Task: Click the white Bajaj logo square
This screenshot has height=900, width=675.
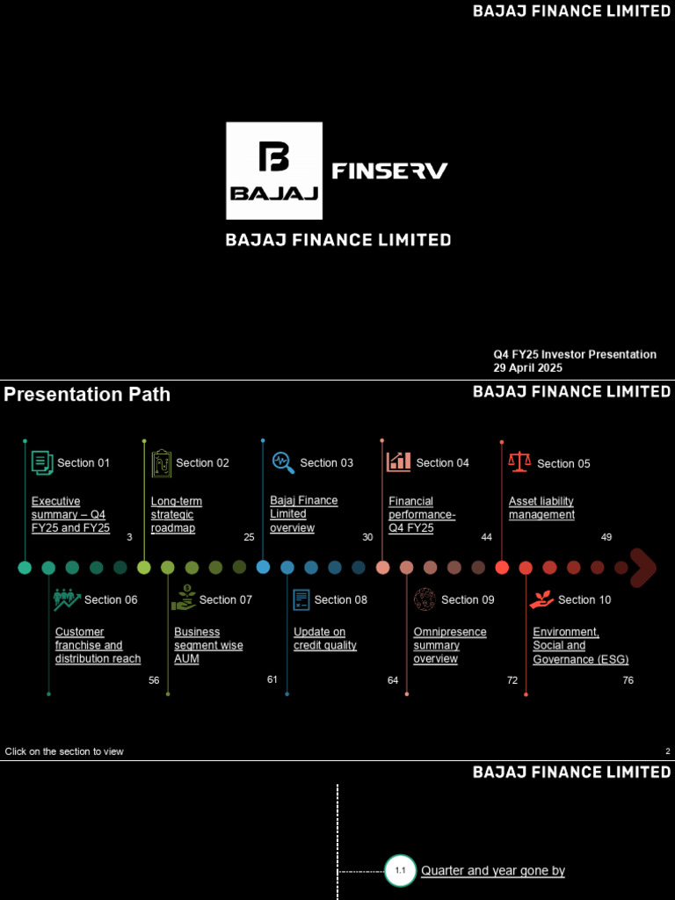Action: click(274, 171)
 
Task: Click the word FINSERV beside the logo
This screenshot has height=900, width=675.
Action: click(389, 171)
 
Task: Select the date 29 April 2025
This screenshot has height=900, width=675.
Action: click(527, 368)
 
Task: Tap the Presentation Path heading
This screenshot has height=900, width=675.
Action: click(87, 395)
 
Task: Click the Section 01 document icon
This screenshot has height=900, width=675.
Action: click(41, 462)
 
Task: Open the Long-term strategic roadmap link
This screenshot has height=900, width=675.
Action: click(176, 515)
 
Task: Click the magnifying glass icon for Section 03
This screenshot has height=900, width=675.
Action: click(282, 461)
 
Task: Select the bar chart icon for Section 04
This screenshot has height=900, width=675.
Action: click(398, 461)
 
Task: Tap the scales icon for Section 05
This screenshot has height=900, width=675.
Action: click(519, 461)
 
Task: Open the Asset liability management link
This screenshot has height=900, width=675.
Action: click(541, 508)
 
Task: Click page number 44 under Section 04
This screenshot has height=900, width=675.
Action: click(486, 537)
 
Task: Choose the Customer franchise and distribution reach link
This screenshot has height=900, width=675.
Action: click(98, 645)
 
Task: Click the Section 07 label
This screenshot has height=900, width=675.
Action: click(225, 599)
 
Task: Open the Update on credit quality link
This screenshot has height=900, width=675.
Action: click(324, 639)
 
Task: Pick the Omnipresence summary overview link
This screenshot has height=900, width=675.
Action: click(449, 645)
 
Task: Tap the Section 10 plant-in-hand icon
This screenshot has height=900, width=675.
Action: click(540, 599)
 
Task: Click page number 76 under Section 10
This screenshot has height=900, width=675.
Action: click(628, 680)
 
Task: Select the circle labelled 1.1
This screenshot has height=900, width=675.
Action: click(400, 871)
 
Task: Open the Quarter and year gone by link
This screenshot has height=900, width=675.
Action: click(492, 871)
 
